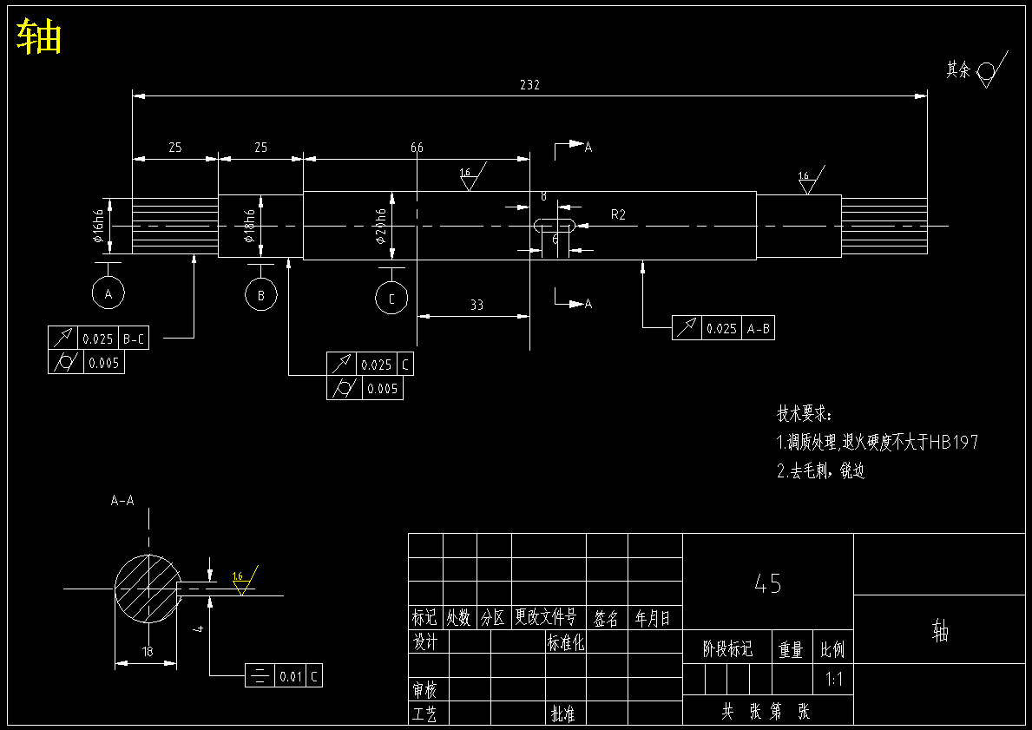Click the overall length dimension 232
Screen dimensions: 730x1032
529,85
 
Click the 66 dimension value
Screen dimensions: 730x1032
417,148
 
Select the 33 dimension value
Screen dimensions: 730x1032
477,306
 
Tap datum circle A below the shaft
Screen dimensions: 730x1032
108,294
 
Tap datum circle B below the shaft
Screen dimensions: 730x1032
260,295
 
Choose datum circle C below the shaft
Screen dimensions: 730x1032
391,299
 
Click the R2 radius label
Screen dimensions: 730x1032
618,214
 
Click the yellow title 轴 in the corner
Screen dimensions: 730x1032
39,37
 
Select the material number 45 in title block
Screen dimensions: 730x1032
768,584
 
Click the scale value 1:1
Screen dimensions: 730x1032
834,680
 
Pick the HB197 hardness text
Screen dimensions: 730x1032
953,443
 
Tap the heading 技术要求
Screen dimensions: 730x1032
804,413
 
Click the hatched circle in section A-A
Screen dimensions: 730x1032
148,589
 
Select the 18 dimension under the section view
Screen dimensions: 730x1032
147,651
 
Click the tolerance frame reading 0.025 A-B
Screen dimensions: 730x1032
723,328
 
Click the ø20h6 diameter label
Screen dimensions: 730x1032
380,227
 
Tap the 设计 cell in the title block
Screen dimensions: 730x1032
425,641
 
